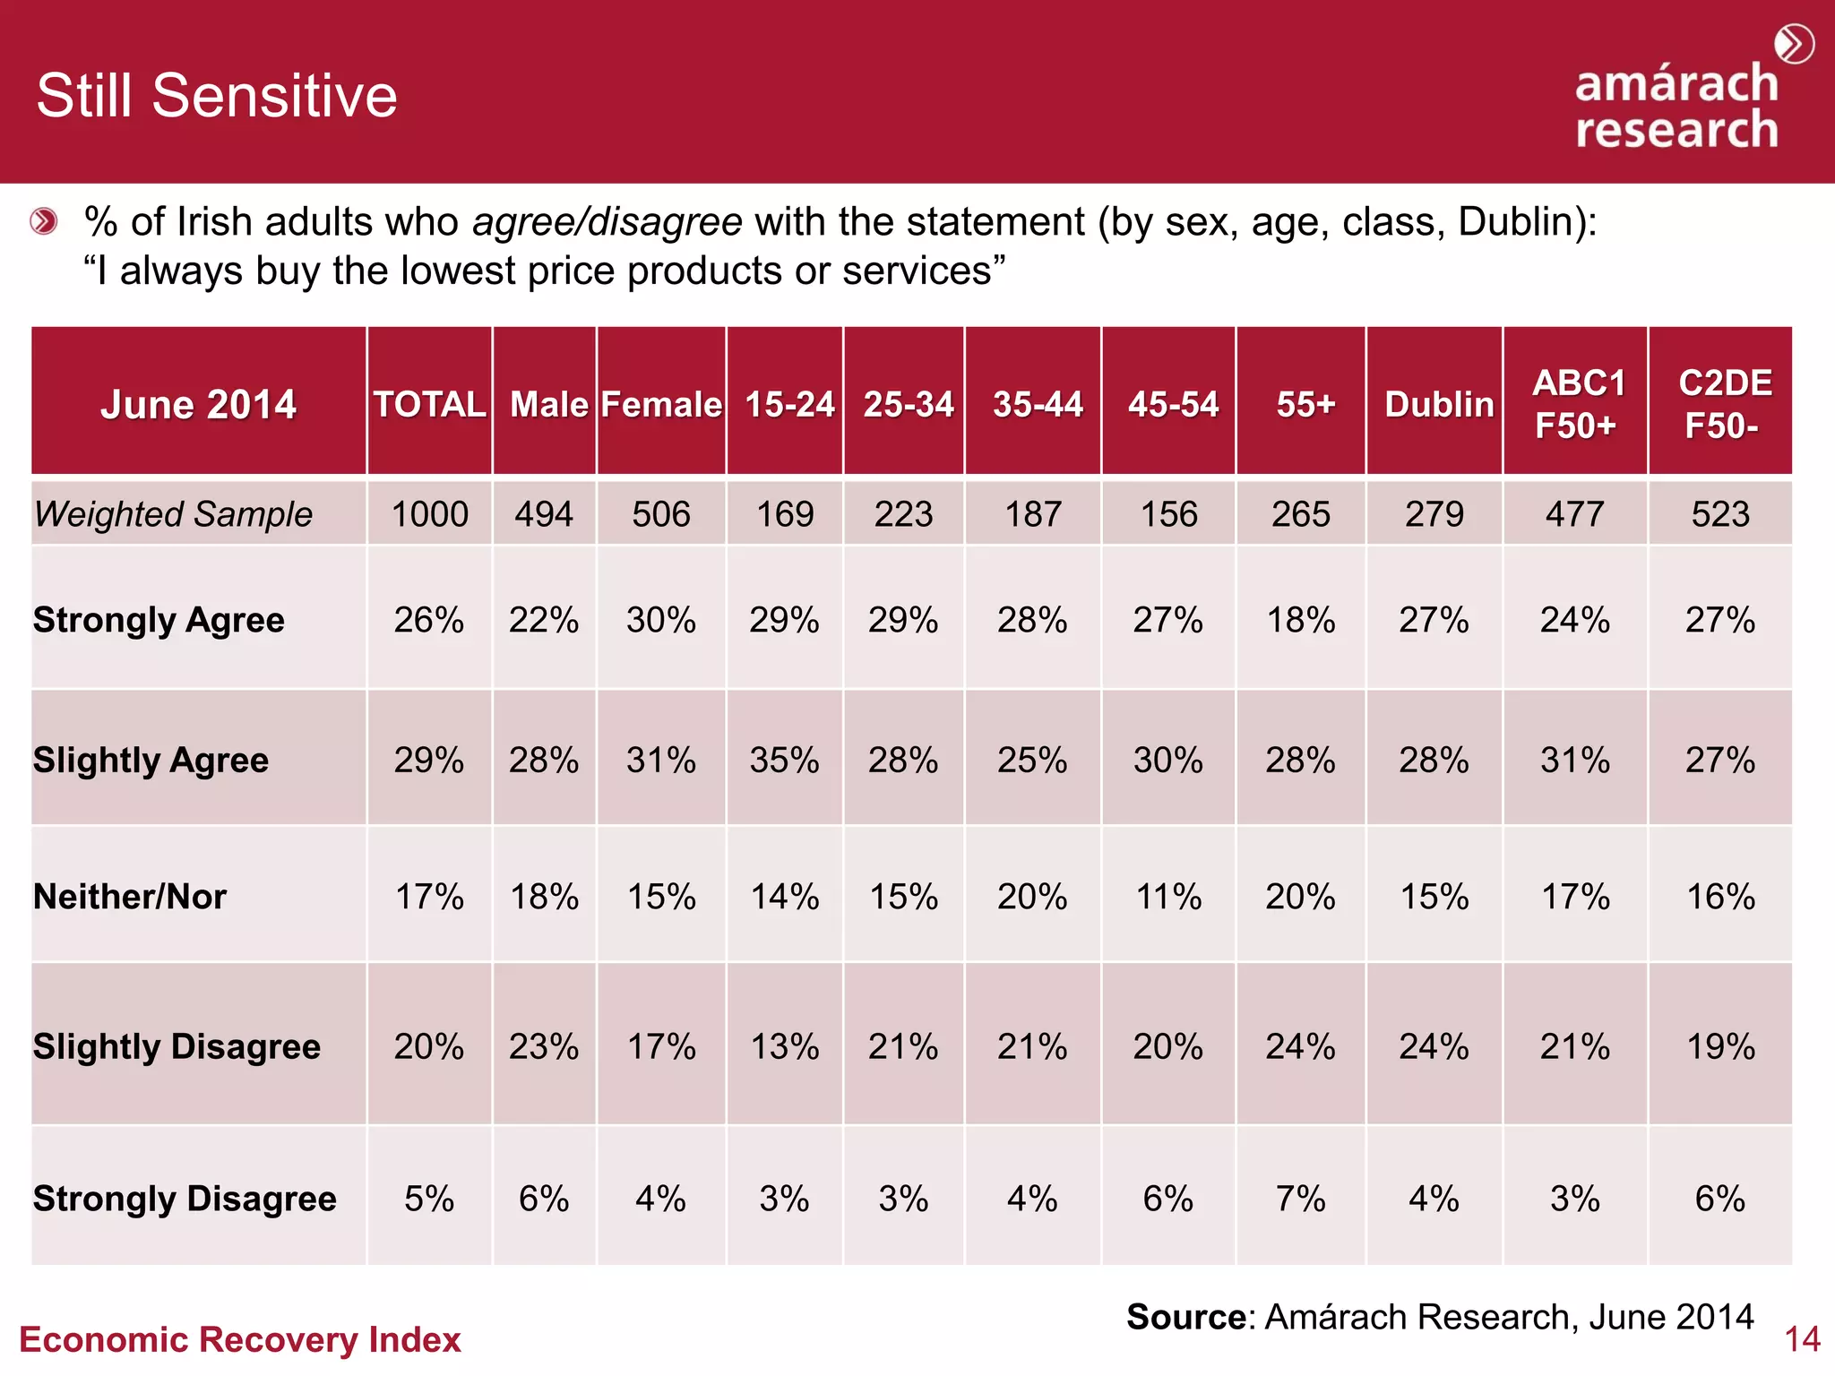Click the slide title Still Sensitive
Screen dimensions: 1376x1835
217,96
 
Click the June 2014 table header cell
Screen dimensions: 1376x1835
198,404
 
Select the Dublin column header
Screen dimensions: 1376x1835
1439,404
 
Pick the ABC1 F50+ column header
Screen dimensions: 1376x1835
1577,404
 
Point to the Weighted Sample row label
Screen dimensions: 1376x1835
174,514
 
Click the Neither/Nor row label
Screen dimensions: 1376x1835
131,897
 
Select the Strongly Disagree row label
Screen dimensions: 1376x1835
185,1199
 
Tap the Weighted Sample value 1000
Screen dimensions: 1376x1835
430,514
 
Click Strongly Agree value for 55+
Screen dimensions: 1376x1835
1301,620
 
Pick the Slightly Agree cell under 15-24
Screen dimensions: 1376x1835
785,761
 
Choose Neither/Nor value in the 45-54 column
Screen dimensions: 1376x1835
1168,897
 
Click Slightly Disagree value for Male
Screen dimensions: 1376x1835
544,1046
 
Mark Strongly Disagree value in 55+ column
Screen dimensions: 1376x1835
1301,1199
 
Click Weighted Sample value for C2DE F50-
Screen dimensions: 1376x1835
1720,514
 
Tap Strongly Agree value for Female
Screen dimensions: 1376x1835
661,620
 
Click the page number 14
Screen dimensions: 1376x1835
1802,1339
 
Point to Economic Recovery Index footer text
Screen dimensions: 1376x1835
240,1339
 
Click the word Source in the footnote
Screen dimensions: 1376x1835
1185,1317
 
